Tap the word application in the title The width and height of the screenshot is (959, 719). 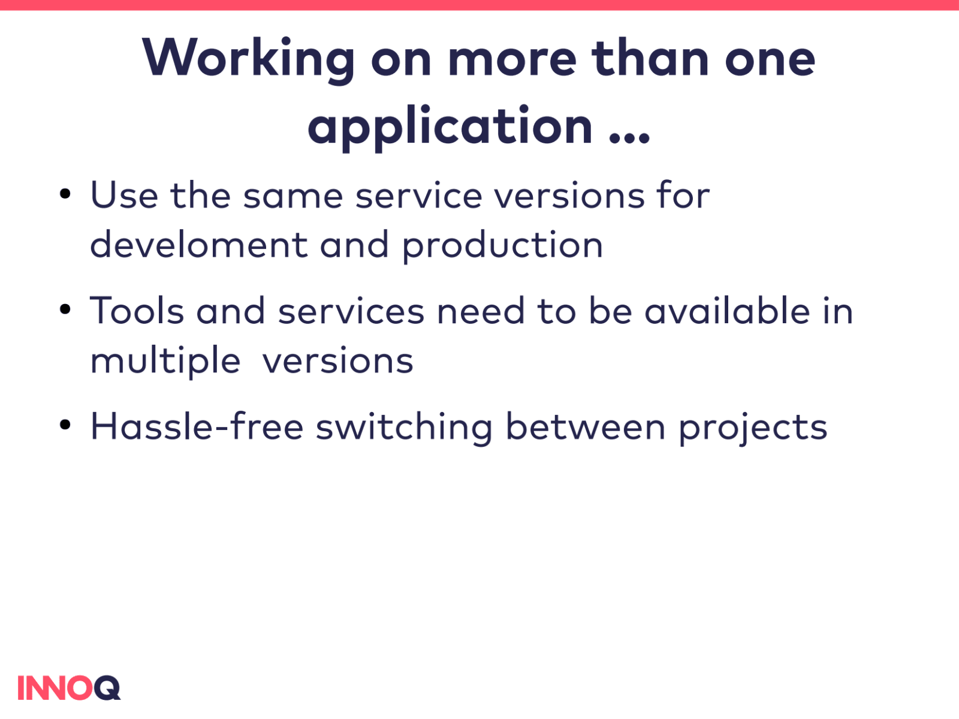450,128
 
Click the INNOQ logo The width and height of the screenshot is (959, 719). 69,688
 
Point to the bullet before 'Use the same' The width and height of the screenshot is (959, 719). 65,194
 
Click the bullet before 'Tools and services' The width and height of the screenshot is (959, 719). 65,309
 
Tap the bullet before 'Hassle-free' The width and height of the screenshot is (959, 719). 65,425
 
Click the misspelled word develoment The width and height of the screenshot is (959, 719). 199,244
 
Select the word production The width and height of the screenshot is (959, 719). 502,246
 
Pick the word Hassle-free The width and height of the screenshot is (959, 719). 197,426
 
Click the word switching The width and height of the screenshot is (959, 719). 404,428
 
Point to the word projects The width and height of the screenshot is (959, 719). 753,428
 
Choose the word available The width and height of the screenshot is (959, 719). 728,311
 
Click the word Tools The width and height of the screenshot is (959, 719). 137,311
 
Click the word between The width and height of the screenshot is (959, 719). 586,426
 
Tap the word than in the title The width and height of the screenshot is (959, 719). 650,58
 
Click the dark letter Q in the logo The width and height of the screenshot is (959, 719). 107,688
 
